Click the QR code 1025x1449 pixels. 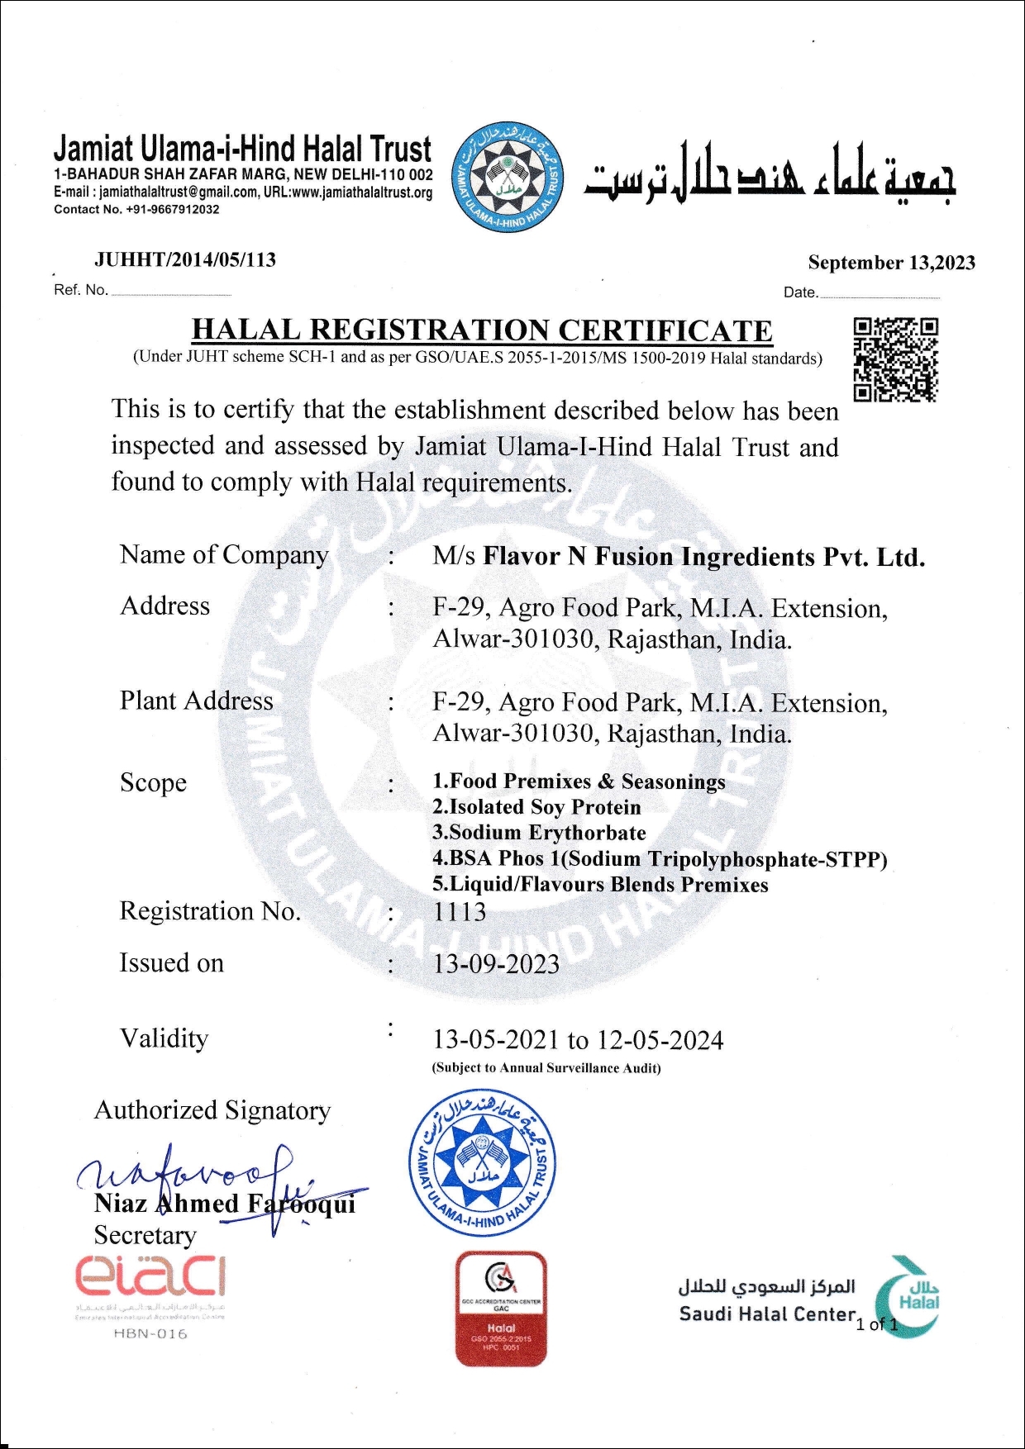tap(895, 359)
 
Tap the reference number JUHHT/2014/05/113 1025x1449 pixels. tap(185, 259)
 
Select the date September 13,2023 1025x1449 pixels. tap(891, 263)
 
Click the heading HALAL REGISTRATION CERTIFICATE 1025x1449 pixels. tap(482, 330)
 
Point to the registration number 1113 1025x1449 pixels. tap(460, 912)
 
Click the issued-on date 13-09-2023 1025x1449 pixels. tap(496, 964)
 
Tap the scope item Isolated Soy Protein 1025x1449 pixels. tap(536, 807)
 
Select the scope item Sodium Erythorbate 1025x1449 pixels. tap(539, 833)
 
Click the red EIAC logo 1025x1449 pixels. tap(150, 1277)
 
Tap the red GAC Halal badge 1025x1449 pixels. tap(501, 1308)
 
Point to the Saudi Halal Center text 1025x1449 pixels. tap(766, 1314)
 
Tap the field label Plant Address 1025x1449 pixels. tap(196, 701)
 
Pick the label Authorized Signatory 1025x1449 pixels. tap(212, 1110)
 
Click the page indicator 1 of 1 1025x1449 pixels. tap(877, 1324)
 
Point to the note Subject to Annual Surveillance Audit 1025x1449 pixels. tap(546, 1068)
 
